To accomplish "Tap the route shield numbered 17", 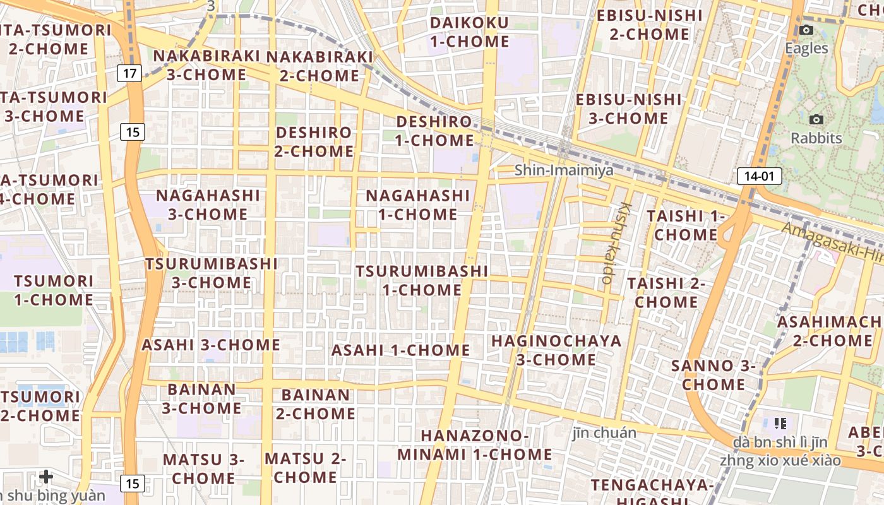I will tap(129, 73).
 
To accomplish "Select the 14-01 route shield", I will tap(758, 176).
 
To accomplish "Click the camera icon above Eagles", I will tap(806, 30).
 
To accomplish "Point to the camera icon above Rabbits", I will tap(816, 119).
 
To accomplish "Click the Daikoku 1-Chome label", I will tap(469, 32).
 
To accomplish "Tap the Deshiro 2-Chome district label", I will tap(314, 142).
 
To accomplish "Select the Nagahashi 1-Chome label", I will tap(417, 205).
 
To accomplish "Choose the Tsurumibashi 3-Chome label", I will tap(212, 273).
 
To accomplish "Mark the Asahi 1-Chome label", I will tap(400, 350).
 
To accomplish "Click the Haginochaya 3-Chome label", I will tap(556, 350).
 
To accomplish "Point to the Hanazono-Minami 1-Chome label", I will tap(474, 445).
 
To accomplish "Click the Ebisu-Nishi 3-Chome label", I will tap(628, 109).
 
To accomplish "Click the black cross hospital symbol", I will tap(46, 476).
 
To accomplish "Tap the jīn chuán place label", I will tap(604, 433).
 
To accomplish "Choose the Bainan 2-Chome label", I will tap(315, 405).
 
